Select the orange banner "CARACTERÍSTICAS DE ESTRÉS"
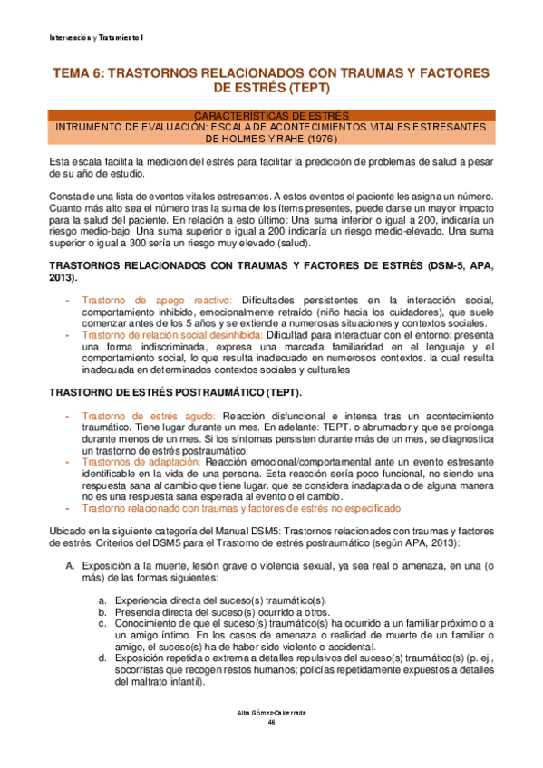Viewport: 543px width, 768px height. coord(270,115)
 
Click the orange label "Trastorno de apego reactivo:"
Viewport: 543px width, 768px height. coord(157,300)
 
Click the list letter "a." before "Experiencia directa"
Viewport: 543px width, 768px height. coord(103,600)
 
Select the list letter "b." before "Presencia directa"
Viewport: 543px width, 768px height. coord(103,612)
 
